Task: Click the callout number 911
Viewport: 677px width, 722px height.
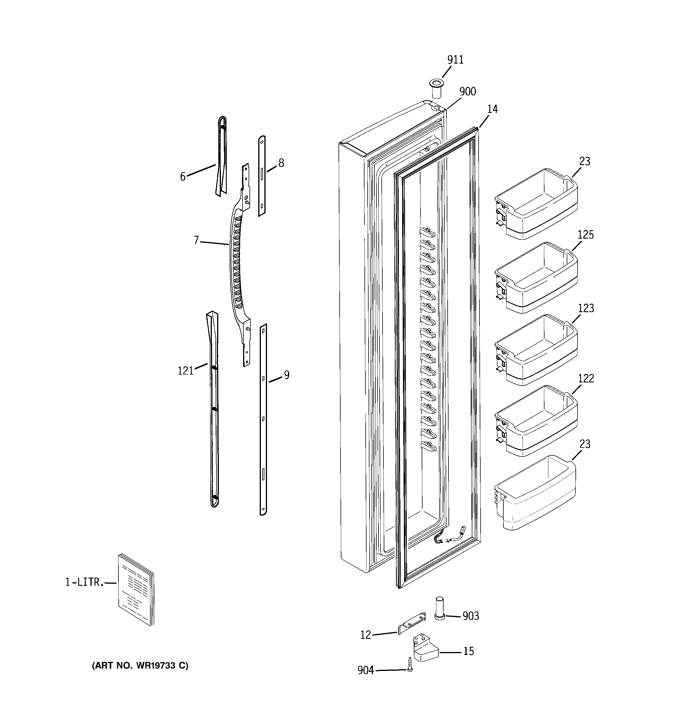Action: click(455, 60)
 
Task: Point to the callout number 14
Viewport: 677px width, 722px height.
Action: click(492, 109)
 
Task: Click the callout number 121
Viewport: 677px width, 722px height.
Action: click(185, 371)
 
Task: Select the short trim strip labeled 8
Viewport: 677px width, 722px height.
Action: click(262, 176)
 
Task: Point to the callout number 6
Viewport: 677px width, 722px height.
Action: click(183, 176)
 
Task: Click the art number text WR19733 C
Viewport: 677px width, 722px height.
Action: click(140, 666)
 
